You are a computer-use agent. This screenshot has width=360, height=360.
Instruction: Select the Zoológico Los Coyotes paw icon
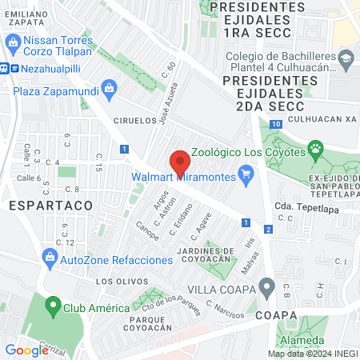point(316,147)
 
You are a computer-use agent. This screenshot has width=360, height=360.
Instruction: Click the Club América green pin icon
point(53,306)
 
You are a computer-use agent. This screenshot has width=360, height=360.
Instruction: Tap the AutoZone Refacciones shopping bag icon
point(50,258)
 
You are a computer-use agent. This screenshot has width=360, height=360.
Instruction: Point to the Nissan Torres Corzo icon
point(13,40)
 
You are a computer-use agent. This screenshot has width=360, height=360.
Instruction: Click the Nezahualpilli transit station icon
point(6,69)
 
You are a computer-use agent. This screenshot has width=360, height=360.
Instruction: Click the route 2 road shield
point(269,230)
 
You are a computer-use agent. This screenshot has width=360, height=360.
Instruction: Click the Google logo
point(26,350)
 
